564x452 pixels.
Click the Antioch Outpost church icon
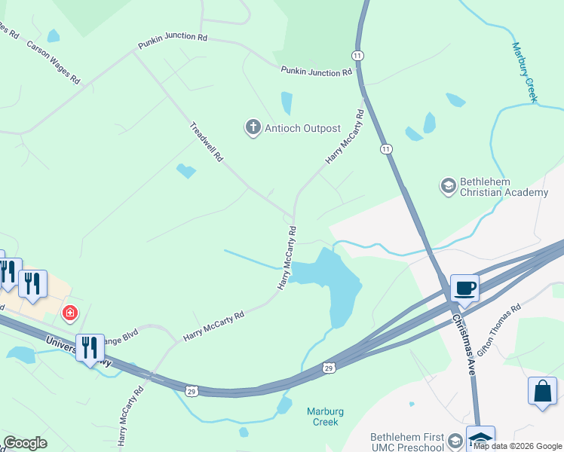pyautogui.click(x=253, y=128)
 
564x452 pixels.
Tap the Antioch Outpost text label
pyautogui.click(x=302, y=128)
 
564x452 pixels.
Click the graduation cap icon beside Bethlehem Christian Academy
pyautogui.click(x=447, y=185)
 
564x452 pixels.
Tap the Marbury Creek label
pyautogui.click(x=525, y=72)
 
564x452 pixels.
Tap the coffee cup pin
pyautogui.click(x=464, y=288)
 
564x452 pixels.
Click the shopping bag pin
pyautogui.click(x=542, y=390)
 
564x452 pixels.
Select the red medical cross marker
pyautogui.click(x=70, y=312)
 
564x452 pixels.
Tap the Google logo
pyautogui.click(x=25, y=443)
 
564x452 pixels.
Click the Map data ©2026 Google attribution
pyautogui.click(x=517, y=446)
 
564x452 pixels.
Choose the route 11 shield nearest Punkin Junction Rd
pyautogui.click(x=358, y=56)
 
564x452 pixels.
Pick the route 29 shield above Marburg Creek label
pyautogui.click(x=329, y=368)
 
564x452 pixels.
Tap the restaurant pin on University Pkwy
pyautogui.click(x=90, y=347)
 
